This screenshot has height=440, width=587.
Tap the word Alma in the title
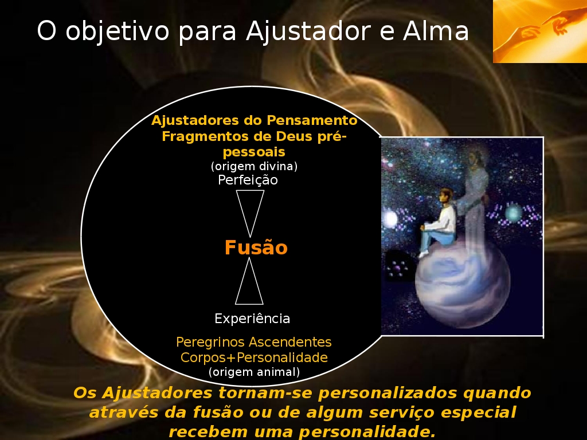click(x=436, y=30)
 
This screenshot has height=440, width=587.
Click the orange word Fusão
click(x=256, y=247)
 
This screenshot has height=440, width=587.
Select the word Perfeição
click(x=248, y=180)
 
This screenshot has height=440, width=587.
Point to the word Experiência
click(x=252, y=319)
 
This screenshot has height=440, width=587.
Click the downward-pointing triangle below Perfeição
click(x=250, y=212)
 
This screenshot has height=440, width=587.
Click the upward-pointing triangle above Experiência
click(x=249, y=281)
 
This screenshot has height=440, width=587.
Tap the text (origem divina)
click(x=254, y=166)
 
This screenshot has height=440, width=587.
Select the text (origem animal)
click(x=254, y=372)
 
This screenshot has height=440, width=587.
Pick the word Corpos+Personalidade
click(x=254, y=357)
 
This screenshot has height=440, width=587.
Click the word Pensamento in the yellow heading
click(x=312, y=120)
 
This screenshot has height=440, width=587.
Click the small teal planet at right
click(x=513, y=213)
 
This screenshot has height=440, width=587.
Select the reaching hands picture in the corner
click(x=540, y=31)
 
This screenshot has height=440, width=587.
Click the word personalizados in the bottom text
click(x=388, y=393)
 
